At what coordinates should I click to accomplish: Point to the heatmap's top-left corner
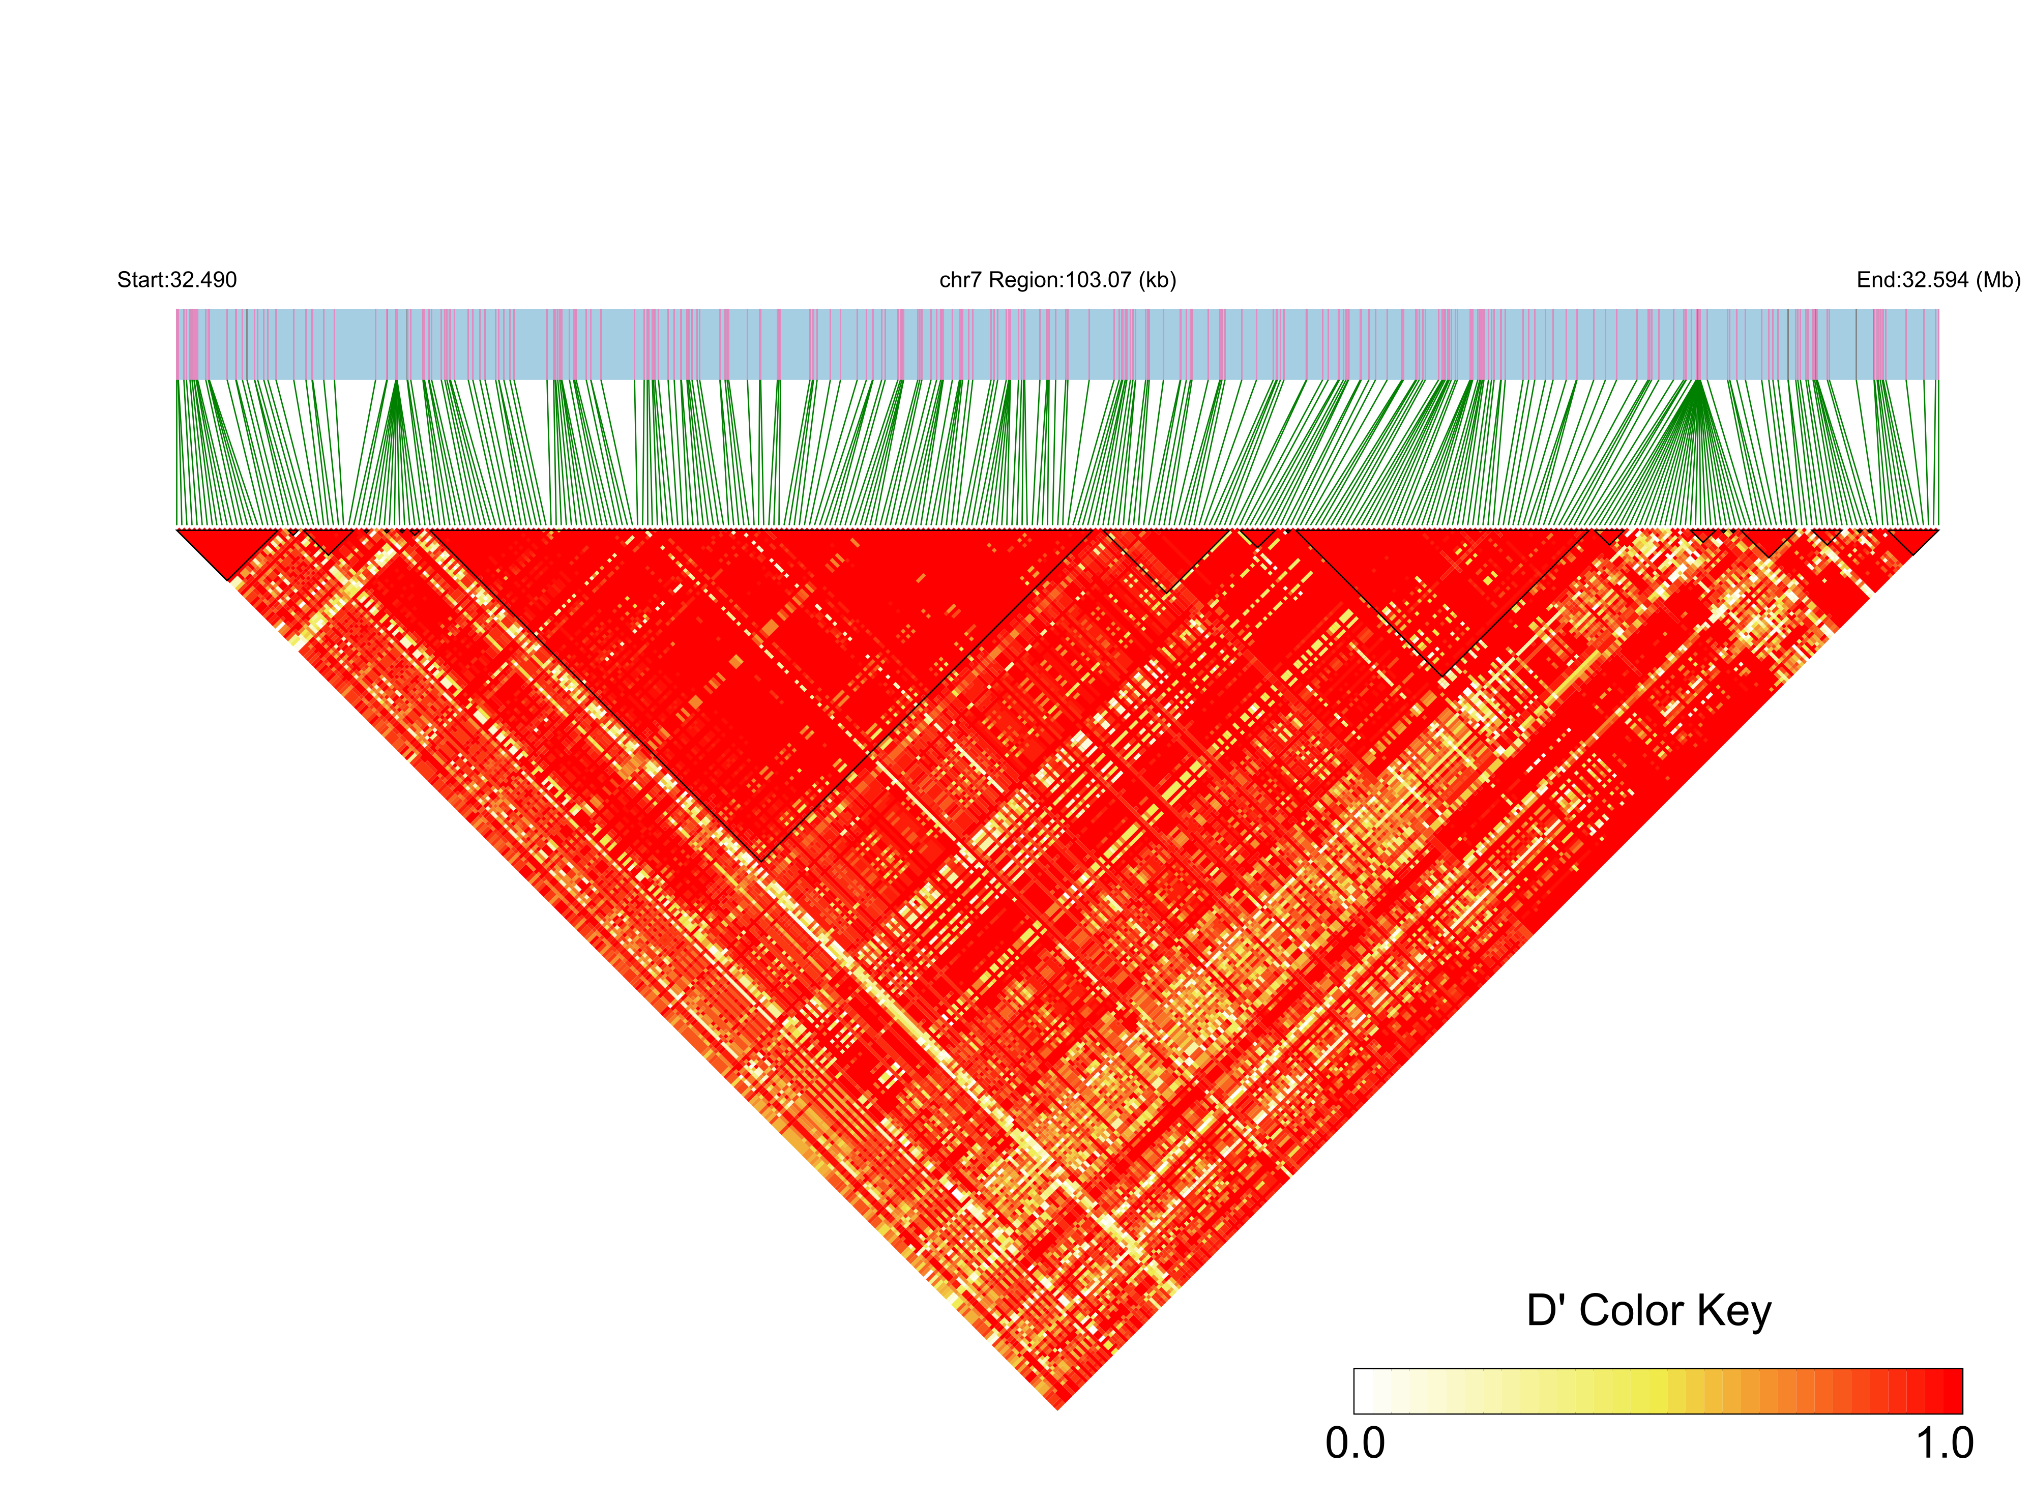[178, 529]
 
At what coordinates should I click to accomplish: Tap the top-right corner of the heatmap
[1937, 529]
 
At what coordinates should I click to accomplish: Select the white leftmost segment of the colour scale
[1364, 1391]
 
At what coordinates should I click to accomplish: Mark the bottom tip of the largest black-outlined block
[760, 860]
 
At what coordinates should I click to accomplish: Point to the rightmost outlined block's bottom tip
[1913, 554]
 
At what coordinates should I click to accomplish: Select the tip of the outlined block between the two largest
[1166, 592]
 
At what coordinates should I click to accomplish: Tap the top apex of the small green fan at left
[393, 387]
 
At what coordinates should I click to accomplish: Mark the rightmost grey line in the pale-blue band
[1856, 344]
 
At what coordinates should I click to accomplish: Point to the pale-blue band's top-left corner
[178, 310]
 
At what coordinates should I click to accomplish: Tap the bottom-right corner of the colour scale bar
[1961, 1412]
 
